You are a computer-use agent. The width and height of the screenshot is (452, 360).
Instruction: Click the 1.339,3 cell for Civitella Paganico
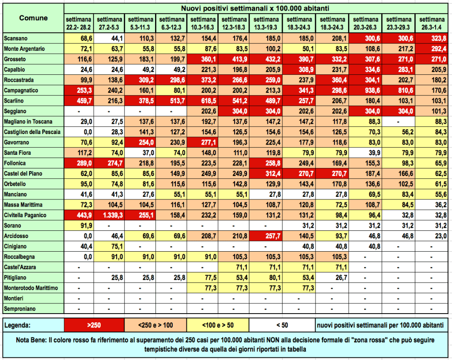[110, 215]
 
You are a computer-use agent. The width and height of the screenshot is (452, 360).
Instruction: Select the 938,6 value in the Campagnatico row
[365, 90]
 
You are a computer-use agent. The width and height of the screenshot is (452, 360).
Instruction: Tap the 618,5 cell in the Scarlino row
[204, 100]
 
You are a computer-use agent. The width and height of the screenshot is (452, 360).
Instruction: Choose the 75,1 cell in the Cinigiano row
[110, 246]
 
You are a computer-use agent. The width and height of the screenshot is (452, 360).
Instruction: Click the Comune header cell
[34, 18]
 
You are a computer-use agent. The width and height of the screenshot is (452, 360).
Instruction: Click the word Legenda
[18, 325]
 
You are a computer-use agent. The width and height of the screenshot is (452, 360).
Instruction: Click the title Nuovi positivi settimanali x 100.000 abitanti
[258, 8]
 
